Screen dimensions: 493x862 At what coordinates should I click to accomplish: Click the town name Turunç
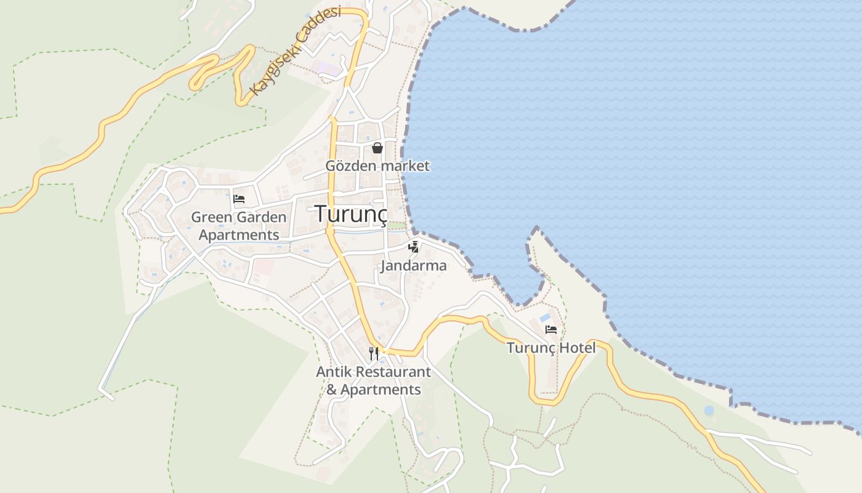[352, 214]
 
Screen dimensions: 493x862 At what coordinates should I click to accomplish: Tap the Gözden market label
[377, 166]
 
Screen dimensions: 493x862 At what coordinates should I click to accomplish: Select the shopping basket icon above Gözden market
[377, 148]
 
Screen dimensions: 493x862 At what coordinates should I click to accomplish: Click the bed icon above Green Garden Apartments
[239, 198]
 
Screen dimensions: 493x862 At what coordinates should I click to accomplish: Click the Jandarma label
[413, 266]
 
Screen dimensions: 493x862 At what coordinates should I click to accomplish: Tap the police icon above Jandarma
[414, 247]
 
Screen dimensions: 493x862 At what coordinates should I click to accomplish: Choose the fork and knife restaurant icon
[374, 353]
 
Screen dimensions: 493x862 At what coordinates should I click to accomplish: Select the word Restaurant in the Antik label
[393, 372]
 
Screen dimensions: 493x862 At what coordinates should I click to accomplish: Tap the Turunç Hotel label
[551, 348]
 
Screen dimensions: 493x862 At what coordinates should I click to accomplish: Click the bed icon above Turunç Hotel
[551, 330]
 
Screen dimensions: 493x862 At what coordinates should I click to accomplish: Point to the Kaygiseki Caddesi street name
[295, 52]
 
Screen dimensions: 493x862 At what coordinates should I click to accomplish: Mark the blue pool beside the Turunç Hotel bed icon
[545, 318]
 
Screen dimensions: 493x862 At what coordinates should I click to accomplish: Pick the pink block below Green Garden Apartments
[264, 267]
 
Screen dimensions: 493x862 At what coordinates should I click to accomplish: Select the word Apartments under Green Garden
[239, 235]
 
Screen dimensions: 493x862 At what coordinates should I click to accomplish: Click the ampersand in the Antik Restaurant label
[332, 390]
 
